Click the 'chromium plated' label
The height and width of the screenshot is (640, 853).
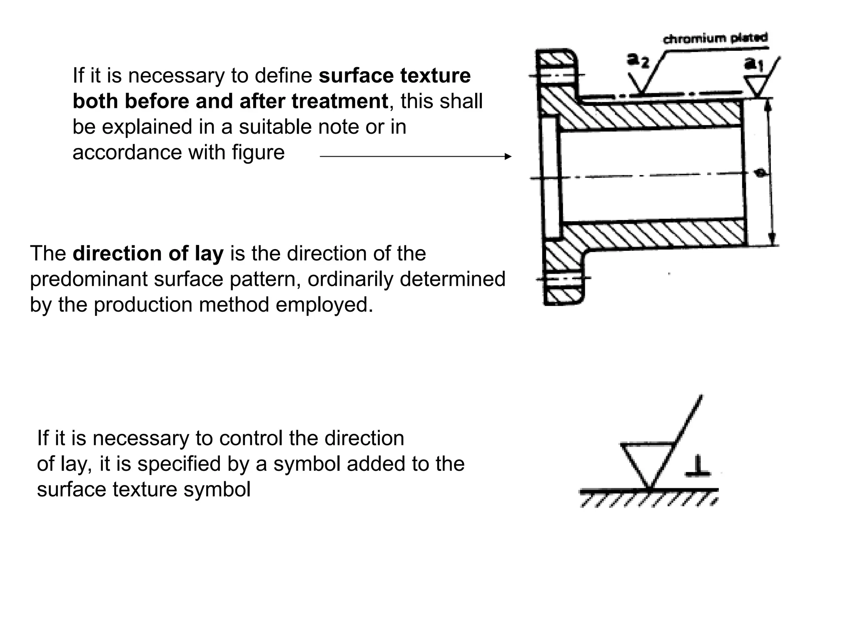point(715,38)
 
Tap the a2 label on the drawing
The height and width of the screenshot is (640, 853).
point(638,61)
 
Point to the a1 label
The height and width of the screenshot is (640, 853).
point(753,64)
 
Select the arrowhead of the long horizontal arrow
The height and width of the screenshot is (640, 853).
point(508,156)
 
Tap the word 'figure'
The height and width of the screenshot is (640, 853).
point(258,152)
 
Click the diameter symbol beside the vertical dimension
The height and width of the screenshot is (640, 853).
point(761,172)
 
